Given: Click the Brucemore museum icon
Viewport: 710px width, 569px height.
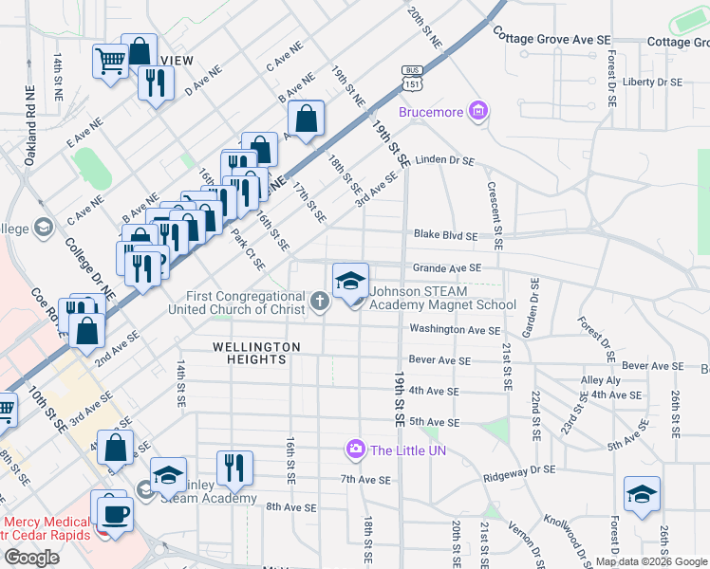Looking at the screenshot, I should click(478, 112).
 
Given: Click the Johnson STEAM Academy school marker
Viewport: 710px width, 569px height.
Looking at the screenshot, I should click(350, 282).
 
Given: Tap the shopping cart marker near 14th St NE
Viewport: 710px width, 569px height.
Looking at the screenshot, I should click(111, 63).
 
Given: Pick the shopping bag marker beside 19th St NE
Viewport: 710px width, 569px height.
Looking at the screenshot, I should click(306, 119).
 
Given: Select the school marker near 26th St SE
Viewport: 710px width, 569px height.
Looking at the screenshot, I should click(643, 495).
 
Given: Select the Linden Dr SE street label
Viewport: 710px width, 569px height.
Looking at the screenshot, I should click(444, 160).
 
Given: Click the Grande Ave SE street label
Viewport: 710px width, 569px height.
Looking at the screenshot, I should click(446, 268).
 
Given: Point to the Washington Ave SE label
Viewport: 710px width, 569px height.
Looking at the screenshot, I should click(455, 330).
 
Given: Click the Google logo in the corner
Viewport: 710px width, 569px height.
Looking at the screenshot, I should click(32, 557).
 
